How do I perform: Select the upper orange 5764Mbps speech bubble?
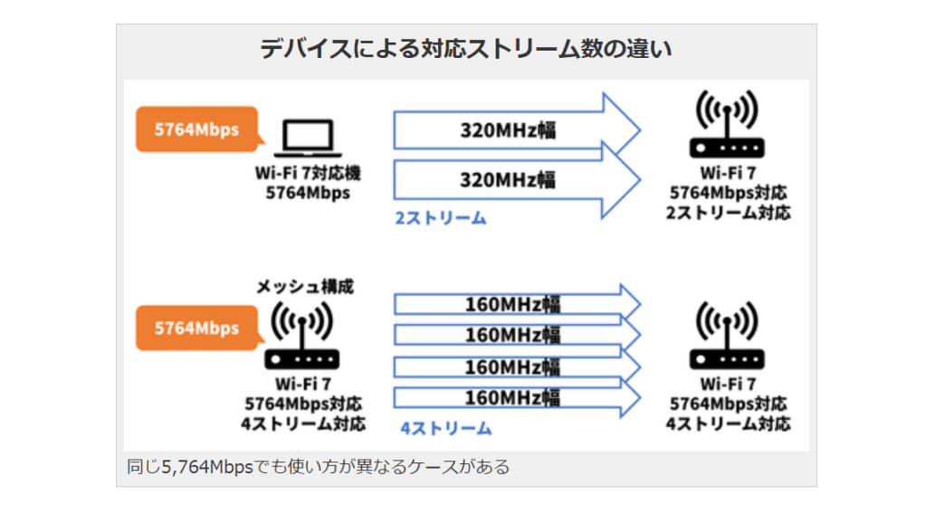(196, 129)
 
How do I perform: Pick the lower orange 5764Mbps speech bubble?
(196, 328)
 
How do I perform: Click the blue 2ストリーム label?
(440, 218)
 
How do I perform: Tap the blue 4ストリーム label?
(446, 428)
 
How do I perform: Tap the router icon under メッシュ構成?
(302, 336)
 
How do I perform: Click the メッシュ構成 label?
(303, 286)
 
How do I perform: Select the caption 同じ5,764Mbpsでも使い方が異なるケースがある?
(318, 467)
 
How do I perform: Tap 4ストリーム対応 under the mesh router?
(303, 423)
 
